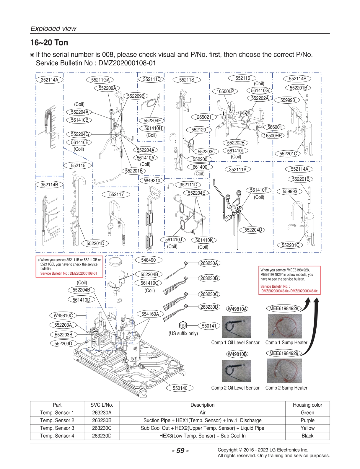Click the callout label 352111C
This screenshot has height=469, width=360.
[x=152, y=79]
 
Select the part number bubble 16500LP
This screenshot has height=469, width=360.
[x=225, y=91]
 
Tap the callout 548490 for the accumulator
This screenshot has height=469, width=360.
[x=148, y=260]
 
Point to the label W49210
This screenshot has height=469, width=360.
[x=152, y=180]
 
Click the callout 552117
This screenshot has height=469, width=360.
[x=116, y=194]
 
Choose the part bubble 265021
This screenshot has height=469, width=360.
[x=204, y=117]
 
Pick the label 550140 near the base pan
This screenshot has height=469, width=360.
[x=180, y=388]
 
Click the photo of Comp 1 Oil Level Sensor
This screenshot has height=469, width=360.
[x=236, y=327]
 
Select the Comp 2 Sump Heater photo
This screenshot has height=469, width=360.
[x=284, y=371]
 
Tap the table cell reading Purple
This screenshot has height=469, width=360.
[x=307, y=420]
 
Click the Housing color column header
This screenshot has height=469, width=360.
[x=307, y=405]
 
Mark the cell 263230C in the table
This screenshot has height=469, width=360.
[x=102, y=428]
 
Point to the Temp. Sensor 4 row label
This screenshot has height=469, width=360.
[x=57, y=436]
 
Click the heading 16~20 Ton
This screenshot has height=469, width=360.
[x=49, y=43]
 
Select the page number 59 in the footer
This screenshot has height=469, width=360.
[x=180, y=451]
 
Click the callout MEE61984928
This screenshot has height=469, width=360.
[x=284, y=309]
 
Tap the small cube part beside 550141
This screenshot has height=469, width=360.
[x=183, y=325]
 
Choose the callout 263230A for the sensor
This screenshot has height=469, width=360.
[x=209, y=263]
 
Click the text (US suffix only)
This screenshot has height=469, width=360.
[x=183, y=333]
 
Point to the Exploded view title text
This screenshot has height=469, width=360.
[x=53, y=29]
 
